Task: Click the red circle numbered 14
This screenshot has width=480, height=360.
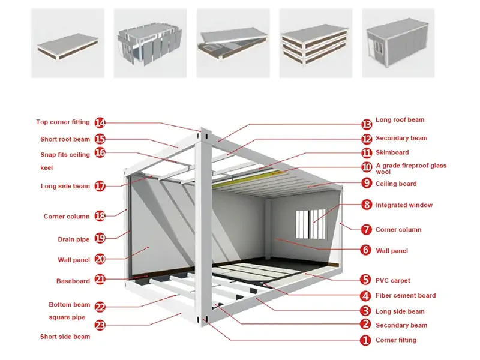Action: (100, 123)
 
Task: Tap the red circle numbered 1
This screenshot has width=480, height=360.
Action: (365, 340)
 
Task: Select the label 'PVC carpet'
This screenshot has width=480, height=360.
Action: (393, 280)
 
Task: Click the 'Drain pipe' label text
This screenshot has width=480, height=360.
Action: (73, 239)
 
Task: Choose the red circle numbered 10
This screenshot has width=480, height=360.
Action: (366, 167)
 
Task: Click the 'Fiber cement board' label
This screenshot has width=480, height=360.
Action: (406, 295)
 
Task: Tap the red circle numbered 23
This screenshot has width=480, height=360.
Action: (100, 326)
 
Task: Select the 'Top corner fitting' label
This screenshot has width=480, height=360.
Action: (63, 122)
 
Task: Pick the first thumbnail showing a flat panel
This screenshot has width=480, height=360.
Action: (68, 43)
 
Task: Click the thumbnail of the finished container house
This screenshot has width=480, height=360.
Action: (398, 43)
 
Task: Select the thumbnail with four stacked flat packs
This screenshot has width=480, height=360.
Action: (315, 43)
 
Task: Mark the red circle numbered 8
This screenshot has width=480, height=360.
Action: (366, 205)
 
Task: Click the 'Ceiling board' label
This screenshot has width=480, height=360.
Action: (396, 184)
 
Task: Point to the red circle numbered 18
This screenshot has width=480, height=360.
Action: (100, 216)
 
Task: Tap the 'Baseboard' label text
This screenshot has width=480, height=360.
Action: (73, 281)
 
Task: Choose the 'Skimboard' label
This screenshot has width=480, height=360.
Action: (392, 152)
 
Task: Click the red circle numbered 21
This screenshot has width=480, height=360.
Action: (100, 279)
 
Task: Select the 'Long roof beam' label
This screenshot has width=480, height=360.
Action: (400, 120)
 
